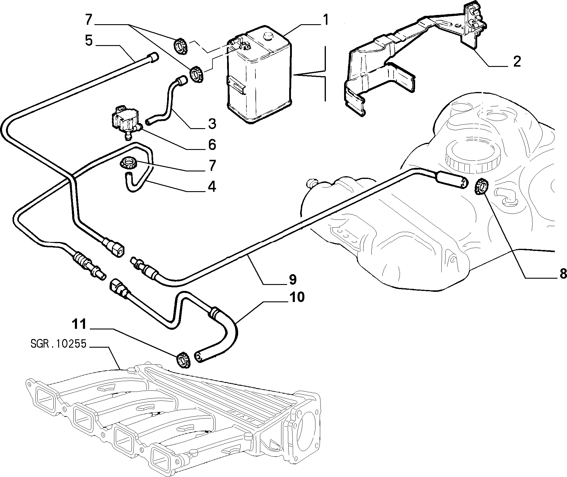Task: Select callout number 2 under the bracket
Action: coord(516,62)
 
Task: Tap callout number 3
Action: coord(212,124)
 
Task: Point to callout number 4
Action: coord(212,186)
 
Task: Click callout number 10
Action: coord(296,297)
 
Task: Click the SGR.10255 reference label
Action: coord(58,344)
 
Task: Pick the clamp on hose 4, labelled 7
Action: coord(128,164)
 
